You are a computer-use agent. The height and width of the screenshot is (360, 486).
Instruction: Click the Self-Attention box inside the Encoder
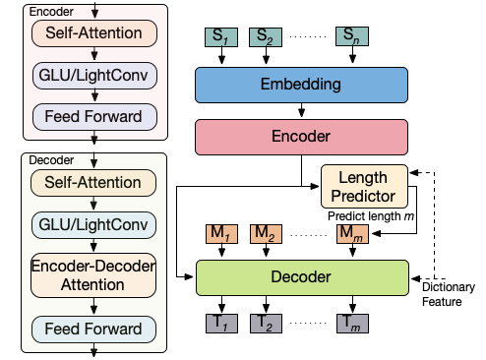[x=93, y=33]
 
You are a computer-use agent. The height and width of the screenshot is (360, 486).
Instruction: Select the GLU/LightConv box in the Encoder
[x=93, y=76]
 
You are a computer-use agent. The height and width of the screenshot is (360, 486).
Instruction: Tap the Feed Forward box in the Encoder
[x=93, y=117]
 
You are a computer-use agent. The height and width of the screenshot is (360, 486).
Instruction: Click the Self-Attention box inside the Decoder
[x=93, y=182]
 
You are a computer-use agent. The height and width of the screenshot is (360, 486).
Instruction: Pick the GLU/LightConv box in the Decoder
[x=93, y=224]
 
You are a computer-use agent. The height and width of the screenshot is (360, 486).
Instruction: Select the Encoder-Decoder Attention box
[x=93, y=275]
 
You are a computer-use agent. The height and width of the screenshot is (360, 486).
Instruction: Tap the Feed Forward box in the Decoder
[x=93, y=329]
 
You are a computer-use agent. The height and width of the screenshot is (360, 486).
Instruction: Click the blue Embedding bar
[x=301, y=85]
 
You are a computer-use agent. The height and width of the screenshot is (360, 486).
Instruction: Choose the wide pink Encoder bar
[x=301, y=137]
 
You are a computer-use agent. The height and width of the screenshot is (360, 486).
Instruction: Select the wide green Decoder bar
[x=301, y=277]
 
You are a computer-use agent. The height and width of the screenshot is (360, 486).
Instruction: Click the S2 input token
[x=263, y=36]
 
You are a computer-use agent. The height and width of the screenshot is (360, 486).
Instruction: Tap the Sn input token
[x=350, y=36]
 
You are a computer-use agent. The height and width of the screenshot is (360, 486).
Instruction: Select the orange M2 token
[x=263, y=233]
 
